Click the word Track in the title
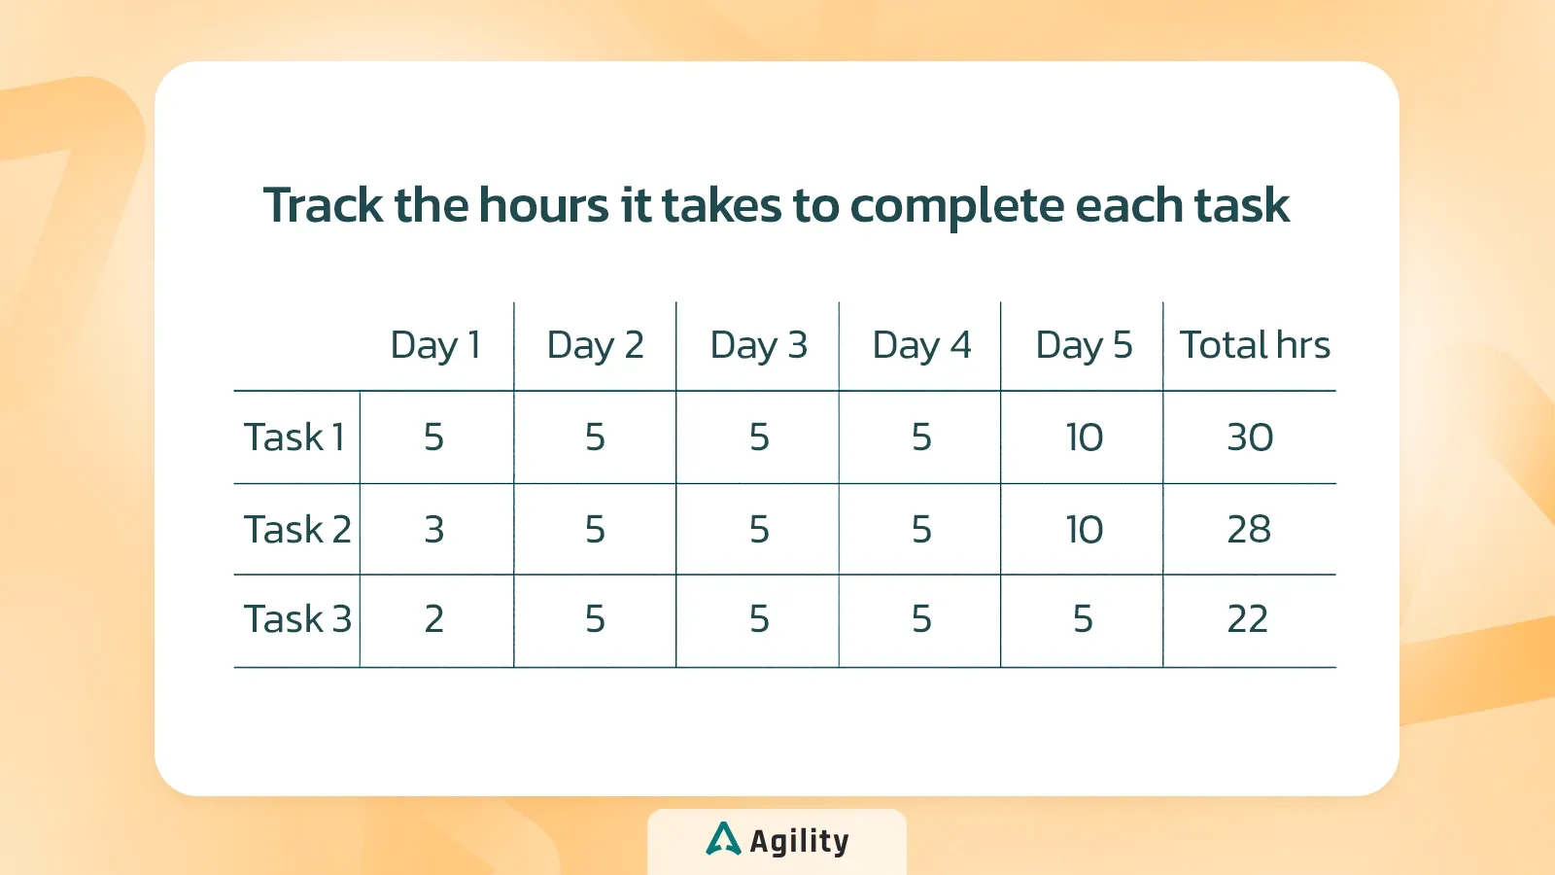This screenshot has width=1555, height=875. pos(323,205)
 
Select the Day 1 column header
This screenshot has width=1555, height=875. pos(435,346)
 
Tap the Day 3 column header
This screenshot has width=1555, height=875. pos(758,346)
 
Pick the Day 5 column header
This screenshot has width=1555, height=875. pos(1084,346)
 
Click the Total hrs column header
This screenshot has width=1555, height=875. pos(1255,344)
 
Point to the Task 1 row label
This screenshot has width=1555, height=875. pos(294,437)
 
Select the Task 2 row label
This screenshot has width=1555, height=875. pos(297,529)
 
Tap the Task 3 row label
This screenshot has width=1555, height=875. pos(297,618)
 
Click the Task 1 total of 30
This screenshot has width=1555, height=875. pos(1250,437)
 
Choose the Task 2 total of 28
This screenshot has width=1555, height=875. pos(1249,530)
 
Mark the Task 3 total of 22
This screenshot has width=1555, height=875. pos(1248,618)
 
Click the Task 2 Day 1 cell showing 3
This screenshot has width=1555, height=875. pos(433,530)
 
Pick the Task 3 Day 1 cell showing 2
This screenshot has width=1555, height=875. pos(433,618)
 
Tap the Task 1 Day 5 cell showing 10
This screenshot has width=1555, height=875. pos(1085,437)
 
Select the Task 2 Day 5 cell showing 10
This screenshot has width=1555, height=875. pos(1085,530)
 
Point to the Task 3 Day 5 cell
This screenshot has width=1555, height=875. pos(1083,618)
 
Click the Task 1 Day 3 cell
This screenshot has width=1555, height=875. pos(759,437)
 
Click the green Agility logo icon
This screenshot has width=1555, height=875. pos(723,838)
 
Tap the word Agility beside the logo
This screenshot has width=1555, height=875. pos(799,841)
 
